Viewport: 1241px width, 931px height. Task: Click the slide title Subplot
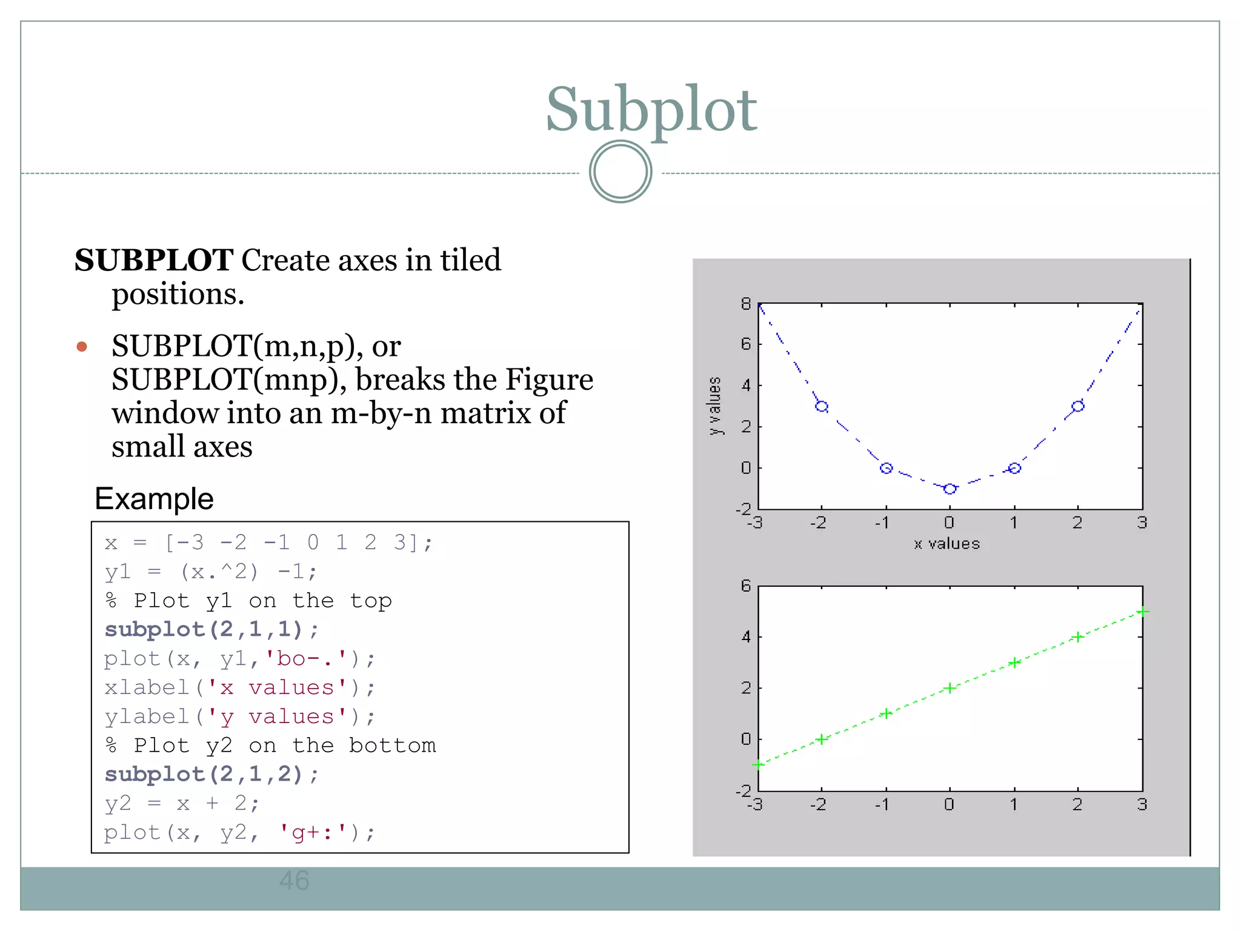coord(651,110)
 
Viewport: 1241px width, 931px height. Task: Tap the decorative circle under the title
coord(620,172)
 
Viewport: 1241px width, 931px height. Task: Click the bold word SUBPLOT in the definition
coord(154,261)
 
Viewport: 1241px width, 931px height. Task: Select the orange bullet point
coord(82,347)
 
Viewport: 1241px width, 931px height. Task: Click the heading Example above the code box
coord(154,499)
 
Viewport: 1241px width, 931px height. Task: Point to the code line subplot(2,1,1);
coord(211,629)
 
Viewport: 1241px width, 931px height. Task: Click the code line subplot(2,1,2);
coord(211,774)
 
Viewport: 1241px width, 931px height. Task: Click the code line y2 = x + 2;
coord(182,803)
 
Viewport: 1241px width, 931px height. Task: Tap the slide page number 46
coord(294,880)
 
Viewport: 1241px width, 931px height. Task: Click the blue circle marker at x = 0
coord(950,489)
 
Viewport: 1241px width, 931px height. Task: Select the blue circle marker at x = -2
coord(822,406)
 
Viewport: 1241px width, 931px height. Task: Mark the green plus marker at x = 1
coord(1014,662)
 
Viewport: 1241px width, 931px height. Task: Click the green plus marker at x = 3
coord(1142,612)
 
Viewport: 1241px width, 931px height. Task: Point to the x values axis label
coord(947,544)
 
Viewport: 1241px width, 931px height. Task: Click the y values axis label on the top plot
coord(715,405)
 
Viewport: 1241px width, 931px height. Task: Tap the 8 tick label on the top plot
coord(745,304)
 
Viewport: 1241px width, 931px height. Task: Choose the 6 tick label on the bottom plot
coord(745,586)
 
